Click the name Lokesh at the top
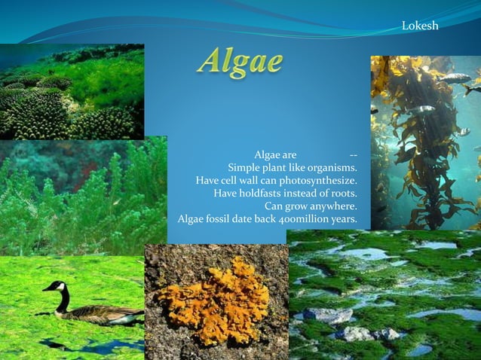(x=420, y=26)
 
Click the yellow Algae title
(x=240, y=62)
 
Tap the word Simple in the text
(x=246, y=167)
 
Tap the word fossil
(x=226, y=219)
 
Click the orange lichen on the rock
(x=214, y=300)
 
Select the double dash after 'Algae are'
(x=354, y=154)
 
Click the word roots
(x=341, y=193)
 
